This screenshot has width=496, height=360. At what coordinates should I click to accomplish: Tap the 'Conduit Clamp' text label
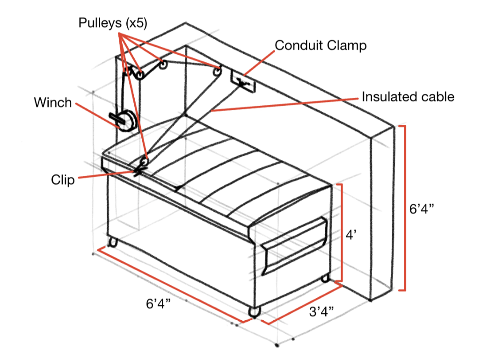pyautogui.click(x=321, y=45)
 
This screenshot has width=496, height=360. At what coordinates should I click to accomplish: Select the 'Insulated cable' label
pyautogui.click(x=408, y=97)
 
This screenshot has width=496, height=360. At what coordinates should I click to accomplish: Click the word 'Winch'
pyautogui.click(x=53, y=102)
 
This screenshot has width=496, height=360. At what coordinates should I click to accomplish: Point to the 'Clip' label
pyautogui.click(x=63, y=180)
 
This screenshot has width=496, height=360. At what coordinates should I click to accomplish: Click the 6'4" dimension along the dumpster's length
pyautogui.click(x=158, y=304)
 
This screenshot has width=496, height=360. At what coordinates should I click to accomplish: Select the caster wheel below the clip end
pyautogui.click(x=112, y=242)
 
